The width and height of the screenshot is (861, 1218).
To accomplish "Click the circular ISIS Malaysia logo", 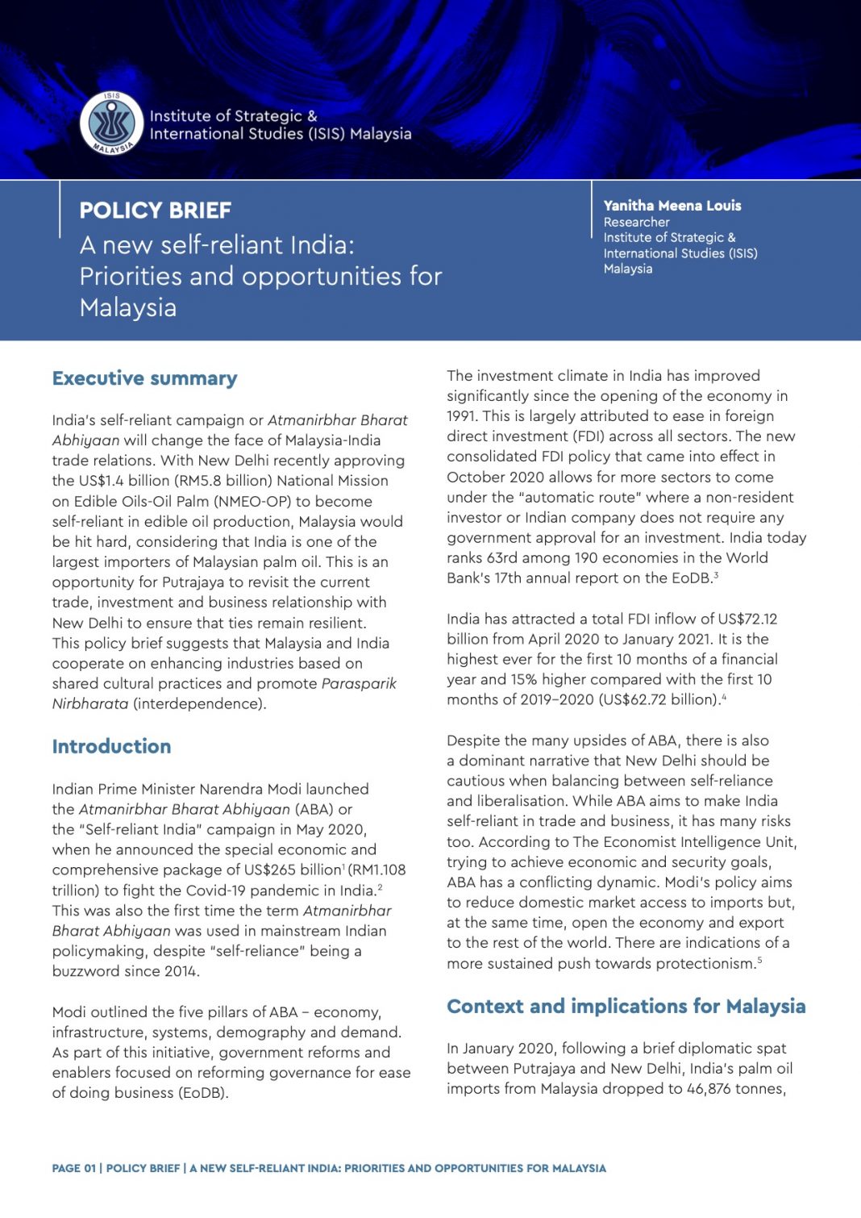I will click(111, 123).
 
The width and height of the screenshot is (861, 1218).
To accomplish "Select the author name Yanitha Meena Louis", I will click(672, 206).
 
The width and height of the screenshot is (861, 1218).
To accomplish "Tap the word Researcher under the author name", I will click(636, 222).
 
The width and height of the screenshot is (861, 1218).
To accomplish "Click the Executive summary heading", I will click(144, 378).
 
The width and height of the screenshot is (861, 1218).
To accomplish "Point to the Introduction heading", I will click(111, 746).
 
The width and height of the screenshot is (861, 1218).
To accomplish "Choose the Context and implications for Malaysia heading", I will click(626, 1006).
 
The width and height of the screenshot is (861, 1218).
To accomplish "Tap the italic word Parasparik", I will click(359, 683).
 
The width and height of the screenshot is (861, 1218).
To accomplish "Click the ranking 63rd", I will click(501, 557).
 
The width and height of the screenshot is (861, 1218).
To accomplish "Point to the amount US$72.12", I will click(747, 619).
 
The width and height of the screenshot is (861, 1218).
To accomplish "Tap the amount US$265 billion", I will click(290, 870).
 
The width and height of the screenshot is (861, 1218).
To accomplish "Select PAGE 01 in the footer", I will click(73, 1168).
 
